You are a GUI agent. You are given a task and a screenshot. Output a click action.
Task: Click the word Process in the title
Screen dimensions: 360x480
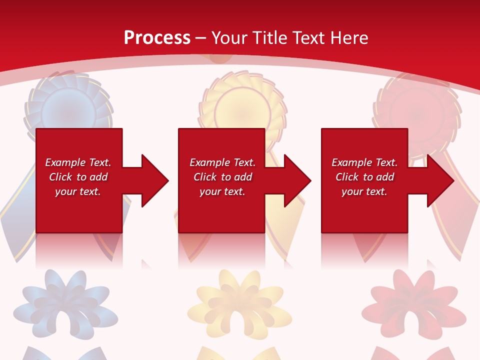pyautogui.click(x=157, y=38)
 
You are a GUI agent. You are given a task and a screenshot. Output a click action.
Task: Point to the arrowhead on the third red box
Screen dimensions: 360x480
pyautogui.click(x=439, y=180)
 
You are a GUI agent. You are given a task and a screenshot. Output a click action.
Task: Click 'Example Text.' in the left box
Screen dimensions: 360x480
pyautogui.click(x=78, y=162)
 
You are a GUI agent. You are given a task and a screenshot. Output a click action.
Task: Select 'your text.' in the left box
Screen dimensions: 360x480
pyautogui.click(x=78, y=191)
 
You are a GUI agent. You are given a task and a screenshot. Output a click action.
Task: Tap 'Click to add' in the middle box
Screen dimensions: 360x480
pyautogui.click(x=222, y=177)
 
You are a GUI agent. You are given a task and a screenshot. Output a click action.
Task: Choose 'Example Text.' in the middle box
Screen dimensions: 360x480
pyautogui.click(x=222, y=162)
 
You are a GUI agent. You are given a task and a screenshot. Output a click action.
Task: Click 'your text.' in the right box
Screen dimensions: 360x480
pyautogui.click(x=364, y=191)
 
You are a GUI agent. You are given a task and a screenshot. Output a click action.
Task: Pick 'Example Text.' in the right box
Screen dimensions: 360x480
pyautogui.click(x=364, y=162)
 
